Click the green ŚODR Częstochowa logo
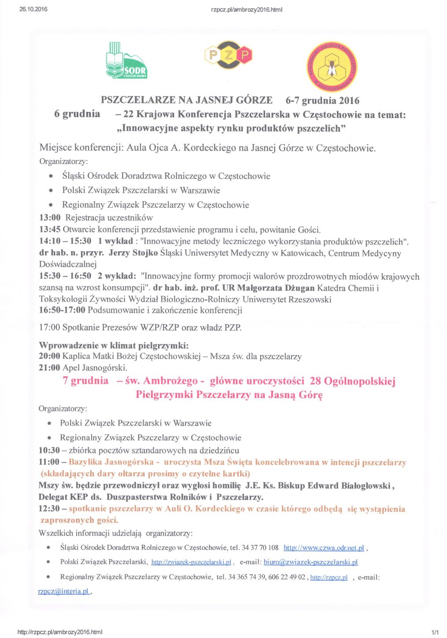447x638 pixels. pos(126,61)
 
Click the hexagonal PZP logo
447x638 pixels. pos(228,55)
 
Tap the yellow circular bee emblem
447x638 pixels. pos(332,67)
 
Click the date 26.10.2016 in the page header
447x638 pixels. pos(33,9)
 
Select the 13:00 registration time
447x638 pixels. pos(50,218)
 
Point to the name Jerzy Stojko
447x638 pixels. pos(133,253)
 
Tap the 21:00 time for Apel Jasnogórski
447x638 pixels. pos(49,368)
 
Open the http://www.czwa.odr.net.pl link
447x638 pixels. pos(324,548)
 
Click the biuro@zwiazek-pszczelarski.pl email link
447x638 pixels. pos(310,562)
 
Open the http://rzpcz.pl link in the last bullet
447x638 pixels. pos(329,577)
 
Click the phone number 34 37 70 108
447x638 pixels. pos(260,548)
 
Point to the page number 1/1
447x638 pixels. pos(435,632)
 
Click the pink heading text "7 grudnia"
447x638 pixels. pos(85,381)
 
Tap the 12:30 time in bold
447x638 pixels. pos(49,508)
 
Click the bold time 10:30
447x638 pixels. pos(49,450)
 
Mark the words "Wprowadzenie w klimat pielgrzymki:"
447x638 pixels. pos(114,345)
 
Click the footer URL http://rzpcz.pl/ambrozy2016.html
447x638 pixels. pos(60,632)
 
